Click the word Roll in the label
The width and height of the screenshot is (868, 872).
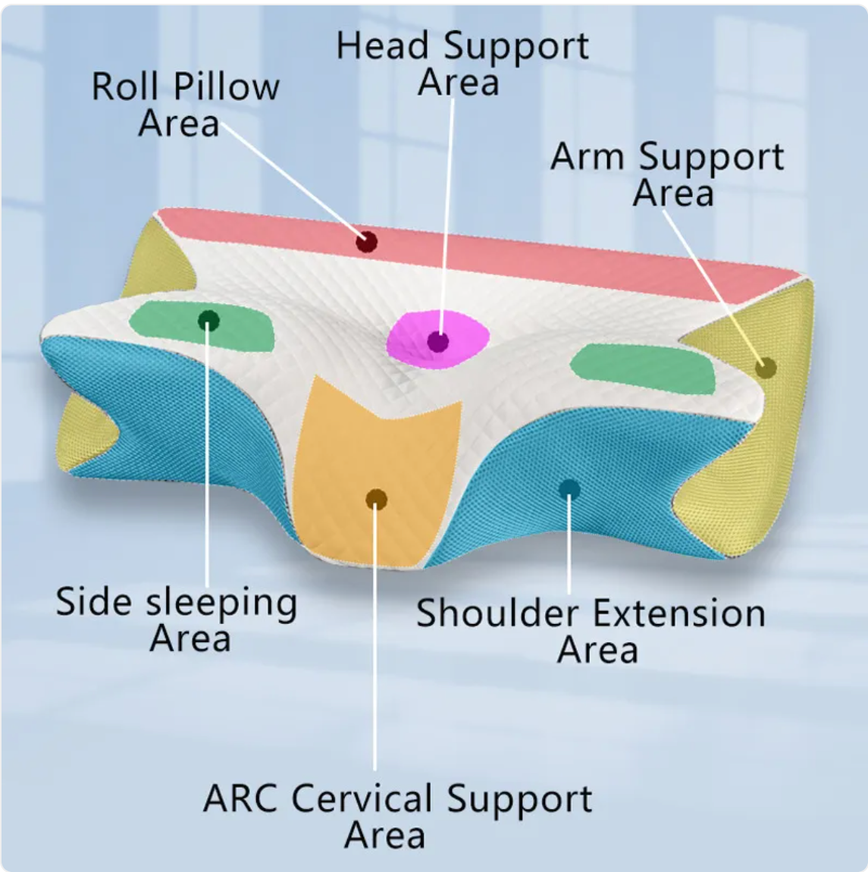(x=122, y=86)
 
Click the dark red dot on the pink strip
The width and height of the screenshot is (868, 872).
(x=367, y=242)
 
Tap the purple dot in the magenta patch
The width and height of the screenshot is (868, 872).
(x=437, y=341)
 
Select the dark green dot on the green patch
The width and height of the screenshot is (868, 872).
(x=208, y=321)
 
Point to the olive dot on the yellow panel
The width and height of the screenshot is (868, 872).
(x=766, y=369)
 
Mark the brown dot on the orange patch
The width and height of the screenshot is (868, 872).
(x=376, y=499)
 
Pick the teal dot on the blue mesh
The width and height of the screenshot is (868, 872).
(x=569, y=489)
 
